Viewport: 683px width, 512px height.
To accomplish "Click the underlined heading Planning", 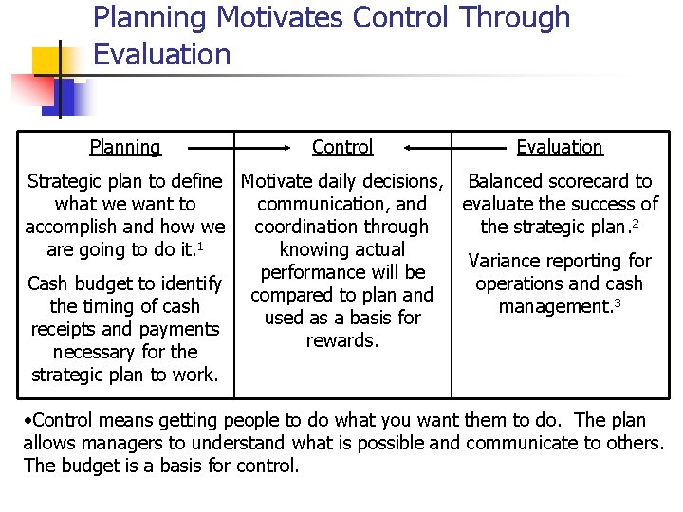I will tap(125, 147).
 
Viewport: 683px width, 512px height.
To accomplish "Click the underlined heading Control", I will tap(342, 147).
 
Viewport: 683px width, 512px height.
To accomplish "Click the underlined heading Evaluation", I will tap(560, 147).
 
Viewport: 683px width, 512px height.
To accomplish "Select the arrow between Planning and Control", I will tap(238, 148).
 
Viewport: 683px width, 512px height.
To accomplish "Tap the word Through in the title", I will tap(514, 18).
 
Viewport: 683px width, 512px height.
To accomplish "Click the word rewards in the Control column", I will tap(341, 340).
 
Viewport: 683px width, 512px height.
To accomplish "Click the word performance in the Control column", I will tap(314, 272).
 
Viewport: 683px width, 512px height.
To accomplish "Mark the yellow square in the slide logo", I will tap(47, 62).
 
